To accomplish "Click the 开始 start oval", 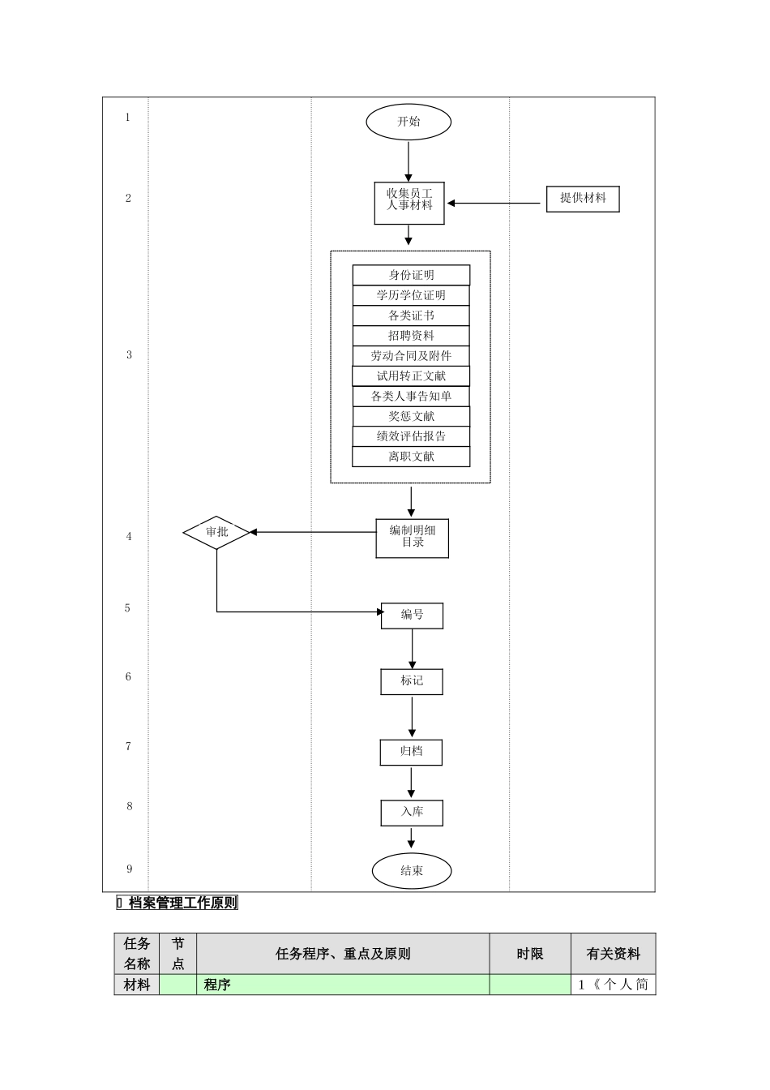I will (409, 122).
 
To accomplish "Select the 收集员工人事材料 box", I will (409, 203).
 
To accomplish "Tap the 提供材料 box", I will (583, 199).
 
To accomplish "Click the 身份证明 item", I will (411, 275).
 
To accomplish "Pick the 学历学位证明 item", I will (411, 295).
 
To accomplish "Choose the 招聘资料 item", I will (411, 336).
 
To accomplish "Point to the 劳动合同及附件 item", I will (411, 356).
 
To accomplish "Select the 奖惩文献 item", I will (411, 416).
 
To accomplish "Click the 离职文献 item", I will (411, 457).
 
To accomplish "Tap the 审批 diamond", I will (216, 532).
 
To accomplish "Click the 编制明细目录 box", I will (412, 538).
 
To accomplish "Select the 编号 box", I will (412, 616).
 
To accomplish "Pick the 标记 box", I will (412, 681).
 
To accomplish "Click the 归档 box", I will (412, 752).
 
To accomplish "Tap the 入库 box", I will (412, 812).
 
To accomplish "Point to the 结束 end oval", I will (412, 871).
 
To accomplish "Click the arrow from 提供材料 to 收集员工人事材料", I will (496, 203).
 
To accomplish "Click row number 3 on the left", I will (129, 355).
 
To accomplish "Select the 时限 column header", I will (530, 954).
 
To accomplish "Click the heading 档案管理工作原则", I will (182, 903).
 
